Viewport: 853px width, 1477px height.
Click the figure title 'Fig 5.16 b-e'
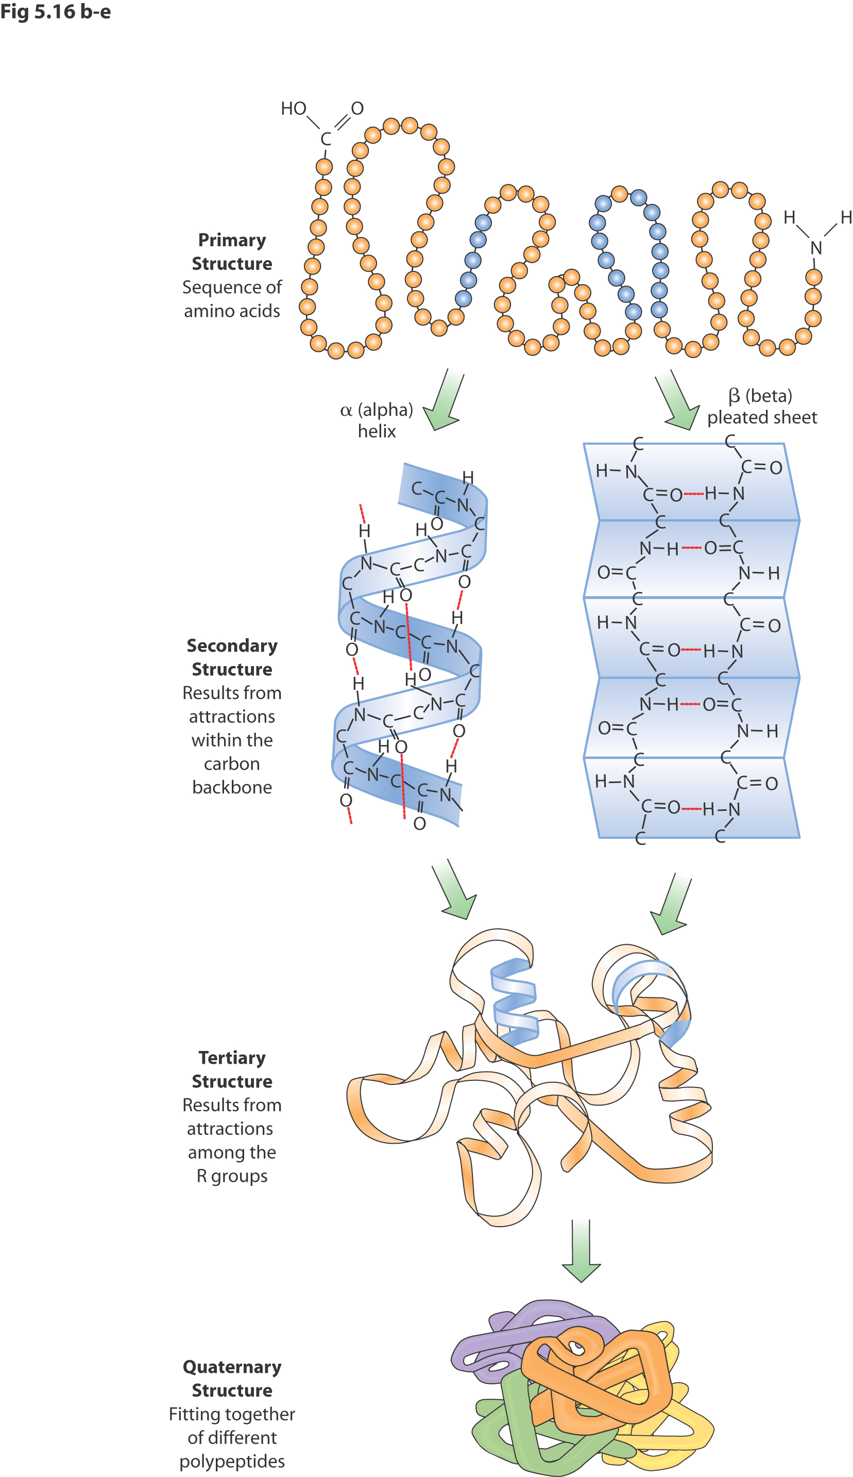55,12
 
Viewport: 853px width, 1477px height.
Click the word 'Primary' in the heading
232,240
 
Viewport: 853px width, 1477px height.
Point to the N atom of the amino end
816,248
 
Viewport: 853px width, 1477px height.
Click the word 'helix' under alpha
377,432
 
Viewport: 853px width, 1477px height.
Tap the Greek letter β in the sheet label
734,397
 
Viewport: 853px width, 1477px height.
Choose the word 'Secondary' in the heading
232,646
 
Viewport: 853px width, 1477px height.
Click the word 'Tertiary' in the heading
232,1058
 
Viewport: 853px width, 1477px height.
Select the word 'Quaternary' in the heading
232,1367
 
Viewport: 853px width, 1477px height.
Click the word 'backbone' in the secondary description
232,787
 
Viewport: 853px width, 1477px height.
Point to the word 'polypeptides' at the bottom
232,1461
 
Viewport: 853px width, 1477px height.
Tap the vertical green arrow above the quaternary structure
581,1251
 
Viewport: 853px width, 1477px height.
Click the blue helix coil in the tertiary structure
515,1002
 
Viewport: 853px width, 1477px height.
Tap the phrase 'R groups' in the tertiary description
232,1176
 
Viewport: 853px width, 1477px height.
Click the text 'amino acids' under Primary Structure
232,311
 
